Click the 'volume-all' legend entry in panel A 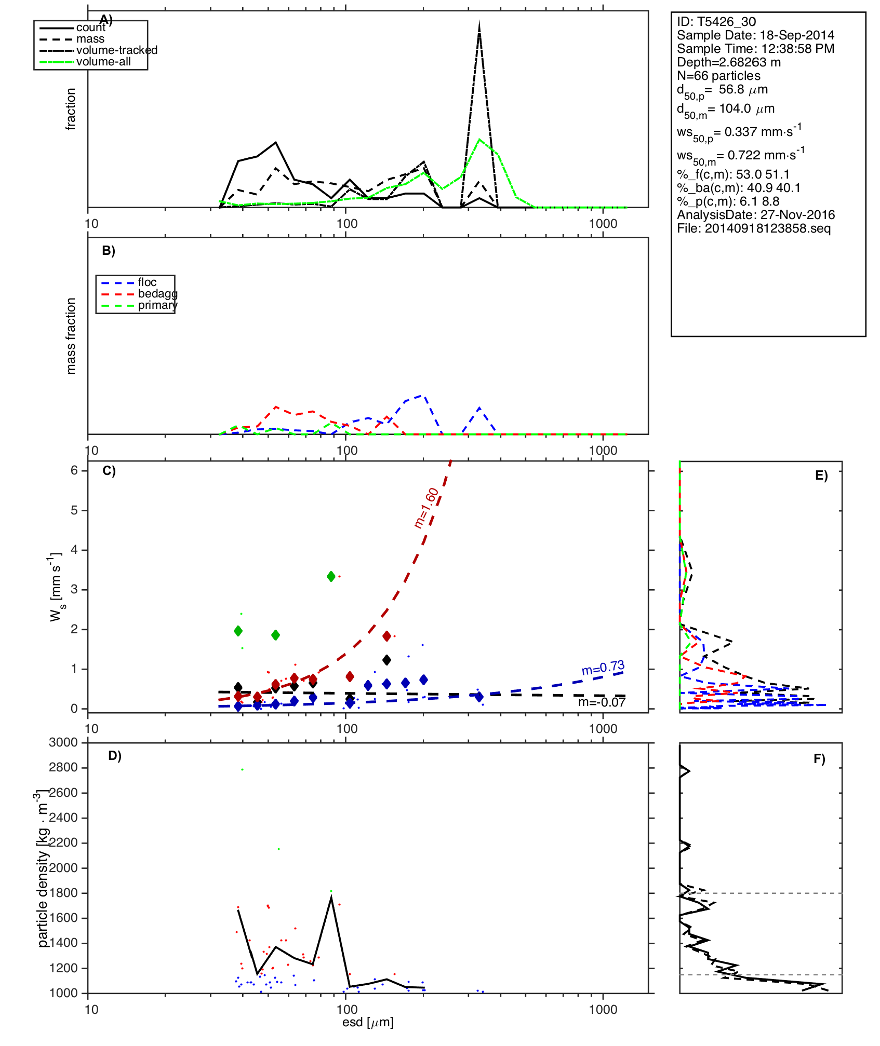[103, 62]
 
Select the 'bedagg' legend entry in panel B [157, 294]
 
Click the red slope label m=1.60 [426, 508]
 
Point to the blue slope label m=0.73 [603, 668]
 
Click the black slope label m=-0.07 [602, 702]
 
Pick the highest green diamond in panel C [331, 576]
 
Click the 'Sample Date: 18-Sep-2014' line [755, 35]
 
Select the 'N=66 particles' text [718, 76]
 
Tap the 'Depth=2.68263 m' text [728, 62]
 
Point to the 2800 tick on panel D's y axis [63, 767]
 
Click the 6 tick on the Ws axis [74, 470]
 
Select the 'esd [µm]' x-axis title [368, 1022]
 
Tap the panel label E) [821, 476]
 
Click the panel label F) [819, 759]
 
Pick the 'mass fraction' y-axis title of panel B [71, 335]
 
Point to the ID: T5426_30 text [716, 22]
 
